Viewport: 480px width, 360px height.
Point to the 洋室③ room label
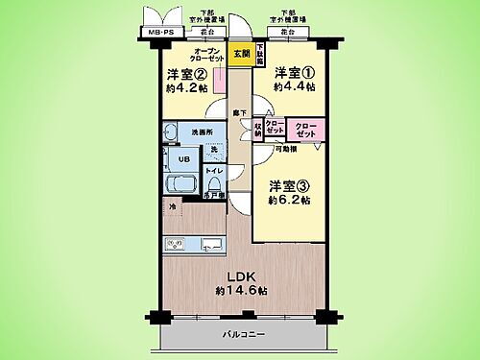pos(286,185)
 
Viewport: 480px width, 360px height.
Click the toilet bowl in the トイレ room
pos(214,182)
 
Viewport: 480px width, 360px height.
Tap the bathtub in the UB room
pos(180,184)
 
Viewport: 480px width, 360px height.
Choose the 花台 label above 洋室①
pos(289,33)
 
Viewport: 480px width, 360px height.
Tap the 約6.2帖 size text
pos(289,201)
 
